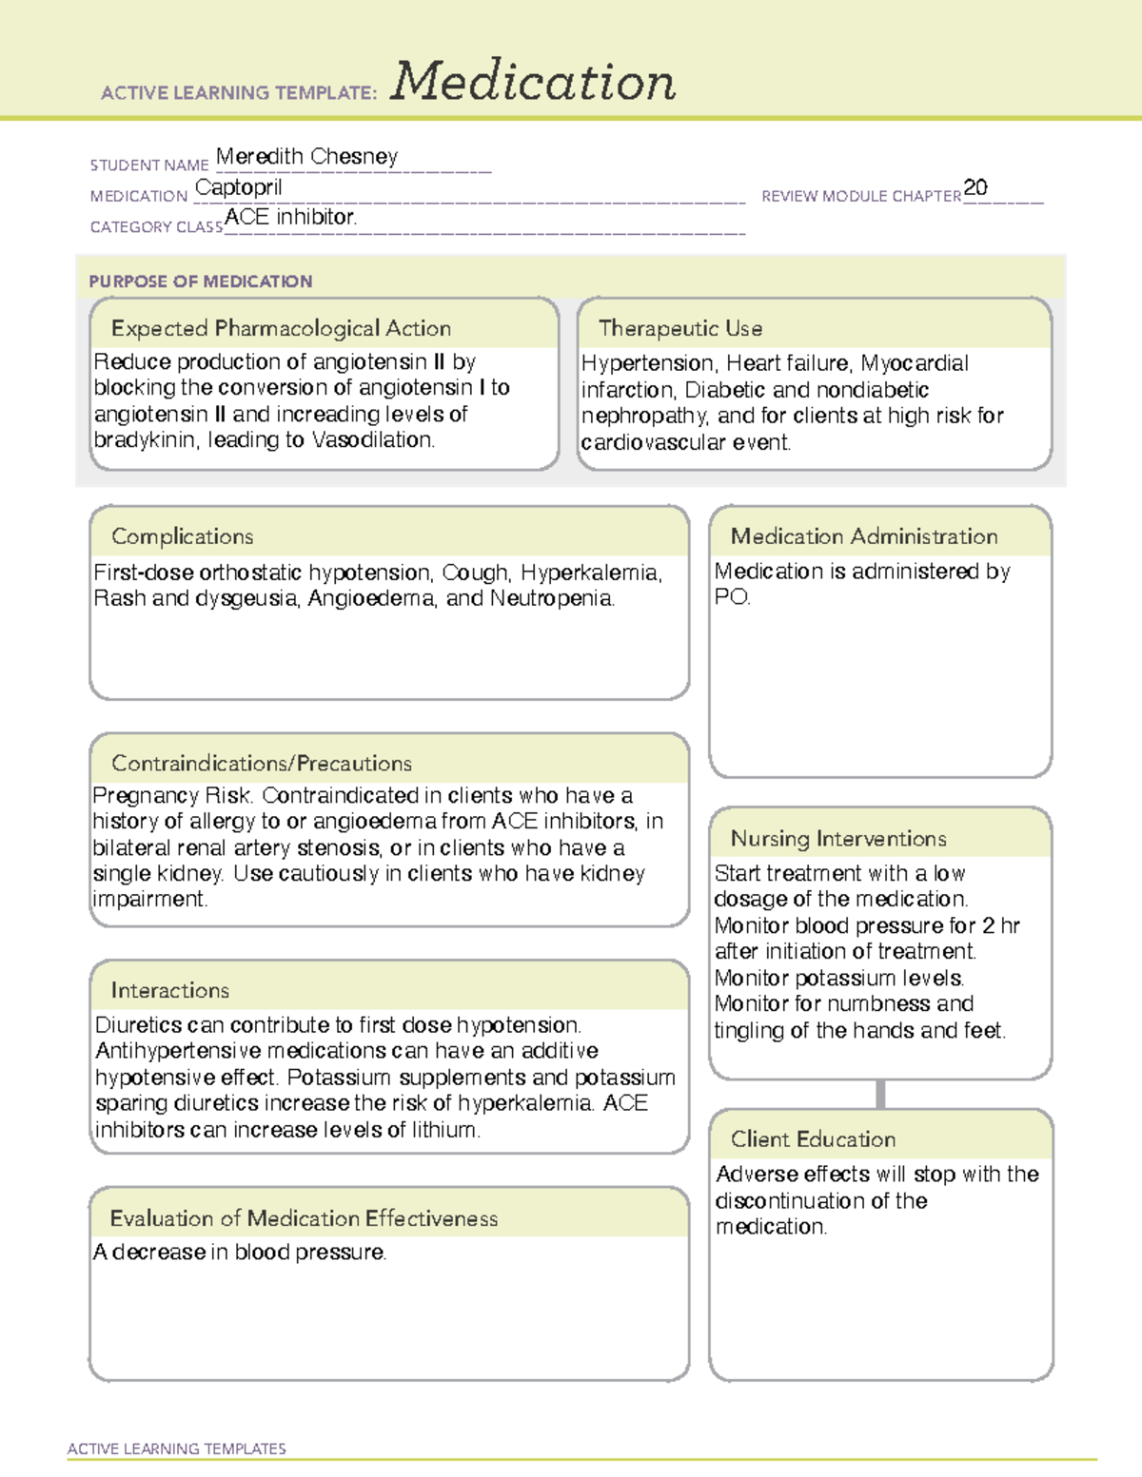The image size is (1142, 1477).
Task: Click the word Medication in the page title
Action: click(533, 82)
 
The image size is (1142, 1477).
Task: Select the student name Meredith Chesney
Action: click(306, 156)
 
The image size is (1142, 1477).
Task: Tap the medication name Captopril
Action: click(239, 187)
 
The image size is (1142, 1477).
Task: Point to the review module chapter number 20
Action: click(975, 187)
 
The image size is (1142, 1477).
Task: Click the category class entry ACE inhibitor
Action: click(290, 217)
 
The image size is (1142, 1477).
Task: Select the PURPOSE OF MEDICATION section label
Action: click(200, 282)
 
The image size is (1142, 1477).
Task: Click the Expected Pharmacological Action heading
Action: click(281, 328)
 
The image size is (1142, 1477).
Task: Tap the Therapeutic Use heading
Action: click(679, 328)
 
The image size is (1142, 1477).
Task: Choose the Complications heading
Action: click(182, 536)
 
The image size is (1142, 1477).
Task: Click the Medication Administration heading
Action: click(863, 536)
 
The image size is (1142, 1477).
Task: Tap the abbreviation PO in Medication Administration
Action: click(730, 597)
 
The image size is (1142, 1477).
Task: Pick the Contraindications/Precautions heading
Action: click(261, 763)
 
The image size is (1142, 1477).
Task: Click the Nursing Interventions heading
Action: click(837, 838)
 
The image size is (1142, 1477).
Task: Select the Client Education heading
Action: click(813, 1138)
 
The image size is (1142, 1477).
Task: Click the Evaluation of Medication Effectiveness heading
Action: click(304, 1218)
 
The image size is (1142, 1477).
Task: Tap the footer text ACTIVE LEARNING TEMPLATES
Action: click(176, 1448)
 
